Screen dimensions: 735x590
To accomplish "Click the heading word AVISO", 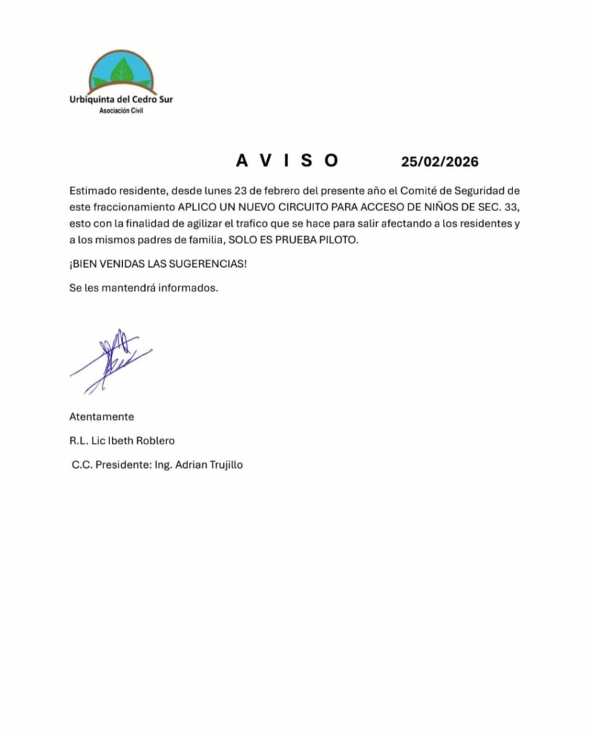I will point(287,161).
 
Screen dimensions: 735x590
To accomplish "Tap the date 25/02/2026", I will point(439,161).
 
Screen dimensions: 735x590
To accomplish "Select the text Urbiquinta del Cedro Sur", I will point(121,100).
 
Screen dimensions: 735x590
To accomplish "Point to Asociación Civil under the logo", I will point(121,111).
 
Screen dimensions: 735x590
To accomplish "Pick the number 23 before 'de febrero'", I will point(231,191).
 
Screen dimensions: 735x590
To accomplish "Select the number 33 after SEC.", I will point(511,207).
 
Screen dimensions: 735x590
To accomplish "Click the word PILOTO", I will point(338,240).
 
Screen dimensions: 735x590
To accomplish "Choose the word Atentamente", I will point(101,416).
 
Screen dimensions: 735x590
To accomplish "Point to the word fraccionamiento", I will point(134,207).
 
